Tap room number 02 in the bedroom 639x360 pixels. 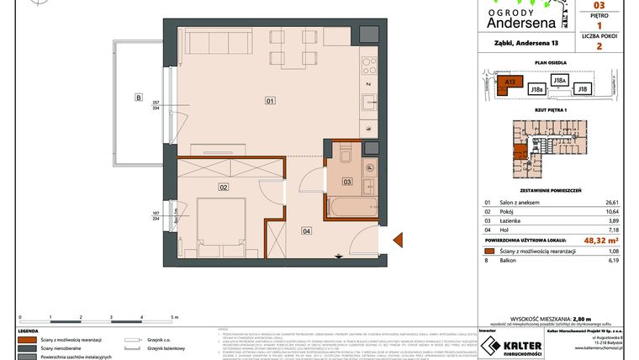[224, 187]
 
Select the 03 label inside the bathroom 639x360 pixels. [347, 181]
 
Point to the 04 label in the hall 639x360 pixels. [306, 230]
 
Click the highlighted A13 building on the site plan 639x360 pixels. [510, 82]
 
